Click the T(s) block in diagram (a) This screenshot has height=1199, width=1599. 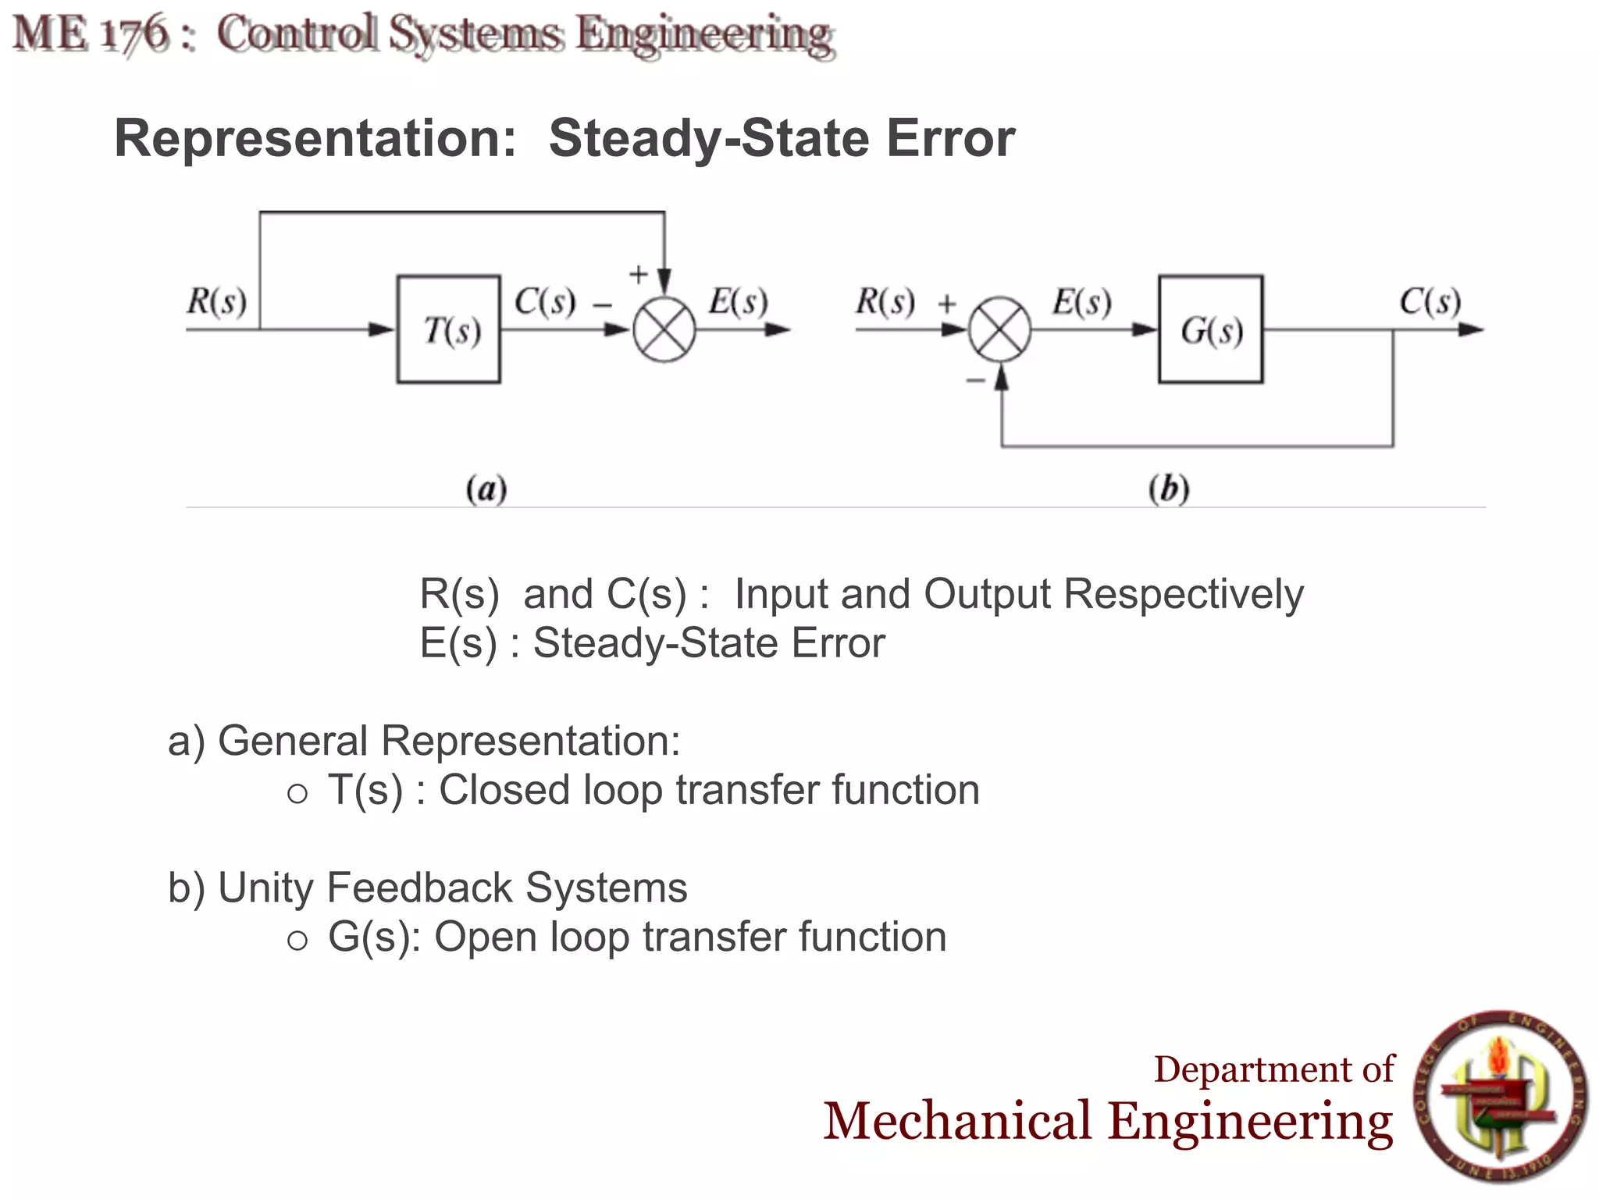coord(448,329)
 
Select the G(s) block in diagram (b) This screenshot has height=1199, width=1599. coord(1210,329)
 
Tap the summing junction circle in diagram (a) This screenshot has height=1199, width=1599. coord(664,329)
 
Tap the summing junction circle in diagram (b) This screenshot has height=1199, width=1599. coord(999,329)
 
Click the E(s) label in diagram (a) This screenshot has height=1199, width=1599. coord(738,301)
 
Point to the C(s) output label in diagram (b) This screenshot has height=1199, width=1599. coord(1430,301)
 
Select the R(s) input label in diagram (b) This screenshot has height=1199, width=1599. coord(885,301)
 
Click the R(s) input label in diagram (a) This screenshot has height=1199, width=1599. coord(216,301)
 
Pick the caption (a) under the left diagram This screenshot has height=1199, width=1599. coord(486,489)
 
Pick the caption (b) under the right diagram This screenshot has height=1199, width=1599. coord(1169,489)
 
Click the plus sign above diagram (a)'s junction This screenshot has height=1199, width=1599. coord(638,274)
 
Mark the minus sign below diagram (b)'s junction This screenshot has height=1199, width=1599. coord(975,381)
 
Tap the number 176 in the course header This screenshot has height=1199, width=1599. coord(136,35)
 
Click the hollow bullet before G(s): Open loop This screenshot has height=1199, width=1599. coord(297,941)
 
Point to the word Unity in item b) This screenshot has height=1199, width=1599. coord(265,888)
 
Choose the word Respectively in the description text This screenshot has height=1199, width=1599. coord(1184,595)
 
